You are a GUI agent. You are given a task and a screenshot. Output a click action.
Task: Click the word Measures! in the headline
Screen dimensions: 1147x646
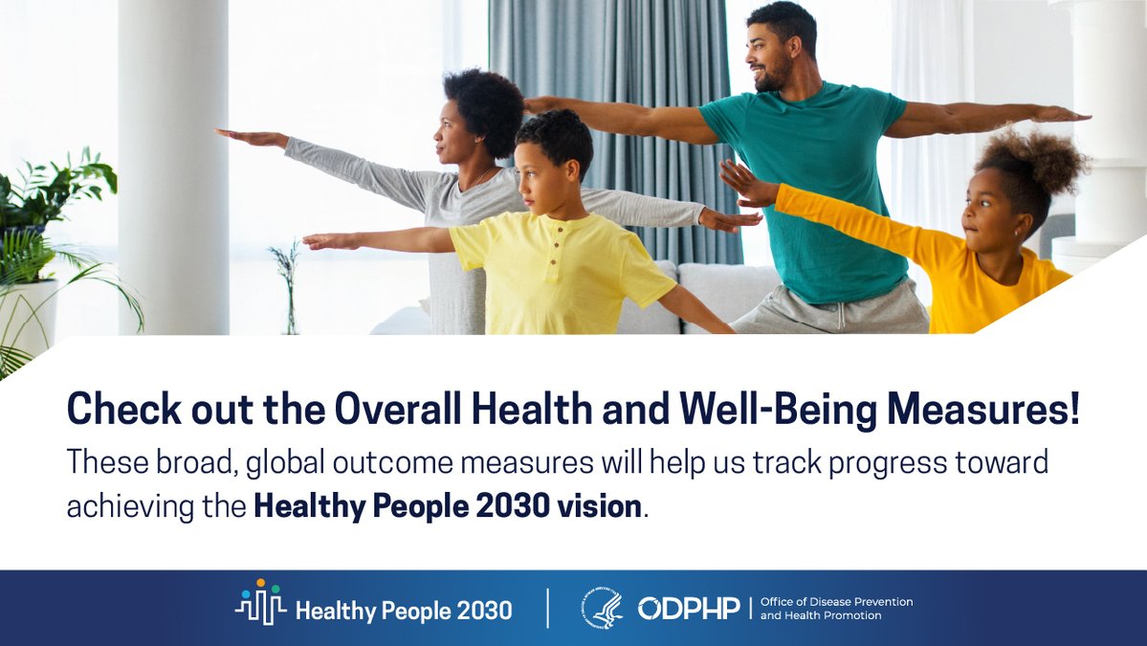click(983, 409)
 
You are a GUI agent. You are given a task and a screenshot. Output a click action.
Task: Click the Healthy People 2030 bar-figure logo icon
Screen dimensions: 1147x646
click(260, 602)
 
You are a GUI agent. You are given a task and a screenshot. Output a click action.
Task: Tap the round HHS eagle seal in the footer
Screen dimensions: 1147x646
click(602, 608)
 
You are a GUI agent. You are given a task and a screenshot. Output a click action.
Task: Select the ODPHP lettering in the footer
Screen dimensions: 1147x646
click(689, 608)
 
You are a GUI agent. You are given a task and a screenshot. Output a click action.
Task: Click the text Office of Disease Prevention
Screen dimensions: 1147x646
click(836, 601)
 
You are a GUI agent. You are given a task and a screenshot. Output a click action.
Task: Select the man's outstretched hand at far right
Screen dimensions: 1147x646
click(1061, 114)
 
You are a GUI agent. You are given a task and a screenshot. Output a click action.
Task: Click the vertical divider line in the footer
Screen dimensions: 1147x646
click(548, 608)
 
